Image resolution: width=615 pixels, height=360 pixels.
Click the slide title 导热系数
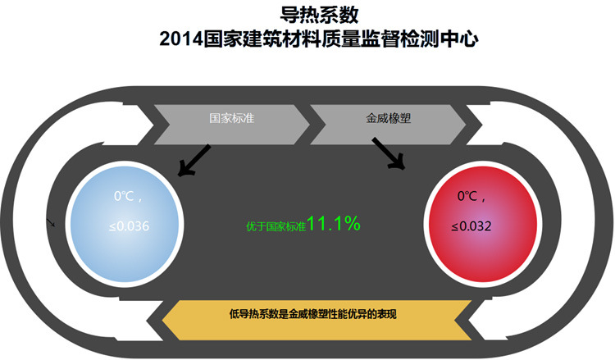[307, 14]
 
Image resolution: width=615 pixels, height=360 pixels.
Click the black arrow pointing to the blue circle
[194, 161]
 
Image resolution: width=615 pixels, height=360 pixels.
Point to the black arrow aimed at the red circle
[389, 154]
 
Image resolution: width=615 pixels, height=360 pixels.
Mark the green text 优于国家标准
[276, 226]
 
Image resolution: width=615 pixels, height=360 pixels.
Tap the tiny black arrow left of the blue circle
[51, 222]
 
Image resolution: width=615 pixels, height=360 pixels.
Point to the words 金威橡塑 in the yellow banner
[309, 314]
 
